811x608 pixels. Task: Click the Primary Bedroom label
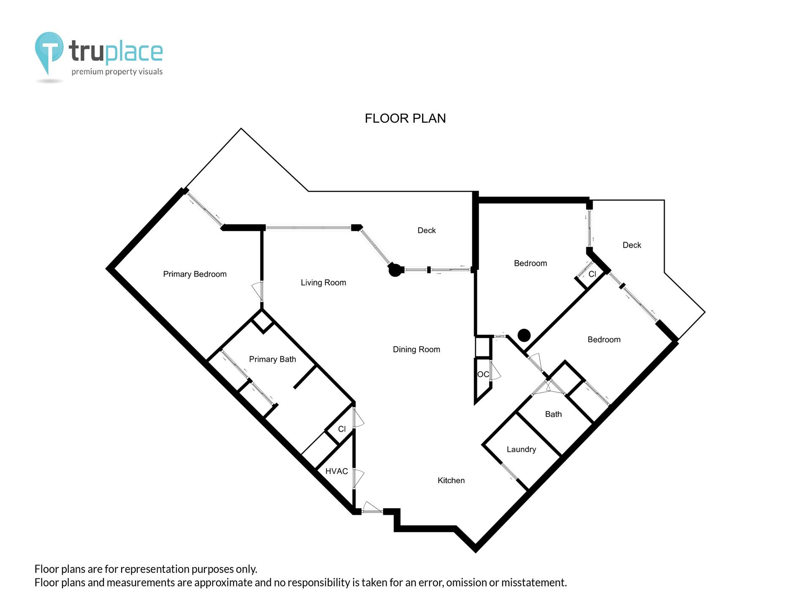pos(195,274)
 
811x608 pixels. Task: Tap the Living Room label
pos(323,282)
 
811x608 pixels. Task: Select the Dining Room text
pos(416,349)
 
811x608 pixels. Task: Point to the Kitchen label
pos(451,480)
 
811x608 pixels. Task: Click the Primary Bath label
pos(272,359)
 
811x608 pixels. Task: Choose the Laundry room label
pos(521,449)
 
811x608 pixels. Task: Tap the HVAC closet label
pos(336,471)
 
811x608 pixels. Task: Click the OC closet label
pos(483,374)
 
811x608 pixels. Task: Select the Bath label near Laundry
pos(553,414)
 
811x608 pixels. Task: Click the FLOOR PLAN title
pos(405,118)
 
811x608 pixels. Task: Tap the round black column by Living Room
pos(395,270)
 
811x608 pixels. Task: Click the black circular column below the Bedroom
pos(524,335)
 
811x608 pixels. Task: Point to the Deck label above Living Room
pos(426,230)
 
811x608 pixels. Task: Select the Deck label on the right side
pos(631,245)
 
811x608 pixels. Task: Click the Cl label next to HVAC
pos(342,429)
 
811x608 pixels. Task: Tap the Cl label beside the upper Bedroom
pos(592,274)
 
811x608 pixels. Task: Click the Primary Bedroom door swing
pos(257,290)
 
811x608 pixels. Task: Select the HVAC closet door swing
pos(358,478)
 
